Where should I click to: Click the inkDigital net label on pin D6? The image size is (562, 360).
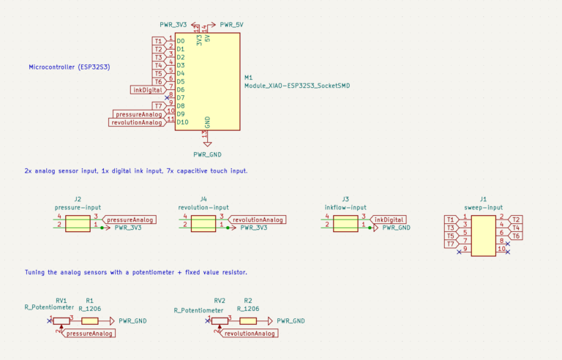coord(147,90)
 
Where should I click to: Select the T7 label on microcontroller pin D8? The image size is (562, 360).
coord(158,106)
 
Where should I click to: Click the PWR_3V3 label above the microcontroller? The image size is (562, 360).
coord(173,24)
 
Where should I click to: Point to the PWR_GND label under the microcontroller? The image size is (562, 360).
coord(207,154)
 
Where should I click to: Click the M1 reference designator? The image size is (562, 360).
coord(249,78)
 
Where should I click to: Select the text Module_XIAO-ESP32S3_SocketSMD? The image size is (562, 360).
coord(296,86)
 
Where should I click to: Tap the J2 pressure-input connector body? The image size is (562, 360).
coord(77,222)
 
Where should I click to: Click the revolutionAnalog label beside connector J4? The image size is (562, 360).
coord(257,220)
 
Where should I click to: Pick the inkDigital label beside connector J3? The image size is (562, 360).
coord(388,220)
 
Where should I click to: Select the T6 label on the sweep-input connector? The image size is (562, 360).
coord(516,236)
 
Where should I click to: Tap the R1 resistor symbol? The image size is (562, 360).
coord(89,320)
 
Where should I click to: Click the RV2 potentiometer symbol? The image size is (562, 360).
coord(219,320)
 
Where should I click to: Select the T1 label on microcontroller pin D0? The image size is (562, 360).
coord(158,41)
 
